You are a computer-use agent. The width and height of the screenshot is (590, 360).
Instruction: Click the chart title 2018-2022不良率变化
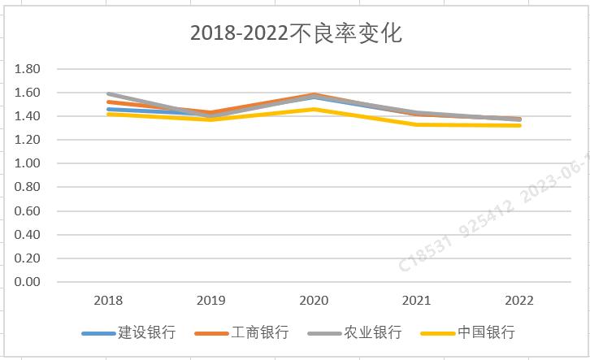[x=296, y=33]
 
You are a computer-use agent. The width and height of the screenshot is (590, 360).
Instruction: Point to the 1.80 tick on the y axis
[x=28, y=69]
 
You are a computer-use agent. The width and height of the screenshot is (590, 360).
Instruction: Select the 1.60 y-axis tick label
[x=28, y=93]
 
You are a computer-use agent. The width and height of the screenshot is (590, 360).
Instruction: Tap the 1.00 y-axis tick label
[x=28, y=163]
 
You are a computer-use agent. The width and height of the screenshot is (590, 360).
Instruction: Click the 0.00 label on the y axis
[x=28, y=282]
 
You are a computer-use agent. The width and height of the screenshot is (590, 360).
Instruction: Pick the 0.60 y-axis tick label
[x=28, y=211]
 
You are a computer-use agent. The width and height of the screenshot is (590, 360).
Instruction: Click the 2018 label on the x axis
[x=108, y=301]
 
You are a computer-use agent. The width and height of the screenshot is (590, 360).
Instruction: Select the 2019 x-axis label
[x=211, y=301]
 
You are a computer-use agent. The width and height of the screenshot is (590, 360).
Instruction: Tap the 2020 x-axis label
[x=314, y=301]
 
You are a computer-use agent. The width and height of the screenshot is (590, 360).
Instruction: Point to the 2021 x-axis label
[x=417, y=301]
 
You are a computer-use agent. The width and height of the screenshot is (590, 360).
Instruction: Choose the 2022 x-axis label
[x=519, y=301]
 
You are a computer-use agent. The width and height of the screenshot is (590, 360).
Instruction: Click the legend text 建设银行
[x=146, y=332]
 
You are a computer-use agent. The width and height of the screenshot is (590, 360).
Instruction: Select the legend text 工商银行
[x=259, y=332]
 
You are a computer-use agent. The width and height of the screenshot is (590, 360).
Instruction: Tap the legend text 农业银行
[x=372, y=332]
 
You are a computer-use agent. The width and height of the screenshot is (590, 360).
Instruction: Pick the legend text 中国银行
[x=486, y=332]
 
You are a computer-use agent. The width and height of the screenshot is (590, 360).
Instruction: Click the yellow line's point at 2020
[x=314, y=109]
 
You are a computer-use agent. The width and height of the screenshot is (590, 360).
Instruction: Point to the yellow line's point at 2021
[x=417, y=124]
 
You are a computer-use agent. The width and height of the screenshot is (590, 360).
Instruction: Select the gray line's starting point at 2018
[x=108, y=93]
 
